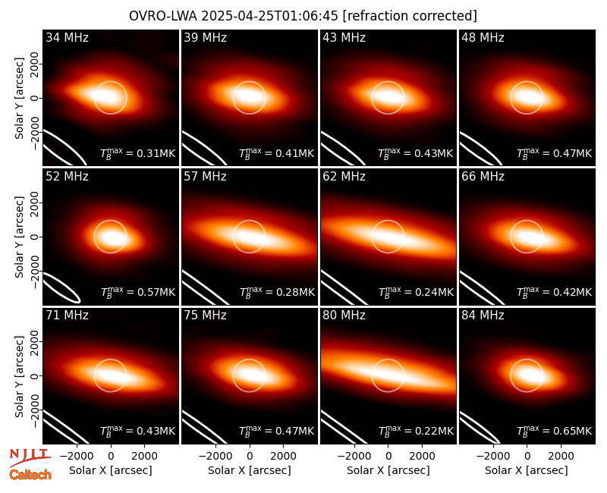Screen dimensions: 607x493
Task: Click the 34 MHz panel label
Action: [x=67, y=37]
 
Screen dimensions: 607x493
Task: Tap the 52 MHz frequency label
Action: [x=67, y=177]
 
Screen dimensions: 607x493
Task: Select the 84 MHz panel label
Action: [x=483, y=316]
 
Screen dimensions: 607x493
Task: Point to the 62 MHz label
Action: [x=344, y=177]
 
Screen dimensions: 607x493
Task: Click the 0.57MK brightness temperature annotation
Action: [x=138, y=292]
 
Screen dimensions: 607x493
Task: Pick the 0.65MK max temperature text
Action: [x=555, y=431]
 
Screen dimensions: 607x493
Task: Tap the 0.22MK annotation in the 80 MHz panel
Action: [x=416, y=431]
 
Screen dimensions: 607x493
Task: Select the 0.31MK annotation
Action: [x=138, y=153]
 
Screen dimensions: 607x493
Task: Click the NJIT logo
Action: [x=30, y=456]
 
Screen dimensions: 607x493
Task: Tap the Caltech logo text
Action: [x=30, y=475]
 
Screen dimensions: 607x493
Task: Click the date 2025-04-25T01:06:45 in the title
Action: [x=270, y=16]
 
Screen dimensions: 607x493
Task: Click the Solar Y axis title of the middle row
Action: [x=20, y=237]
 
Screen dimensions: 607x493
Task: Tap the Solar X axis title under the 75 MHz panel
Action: [x=250, y=470]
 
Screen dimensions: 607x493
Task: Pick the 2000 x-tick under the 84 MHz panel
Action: [x=561, y=457]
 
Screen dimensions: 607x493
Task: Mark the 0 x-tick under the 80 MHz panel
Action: [x=388, y=457]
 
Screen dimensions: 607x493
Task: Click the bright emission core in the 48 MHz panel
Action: [x=528, y=97]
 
